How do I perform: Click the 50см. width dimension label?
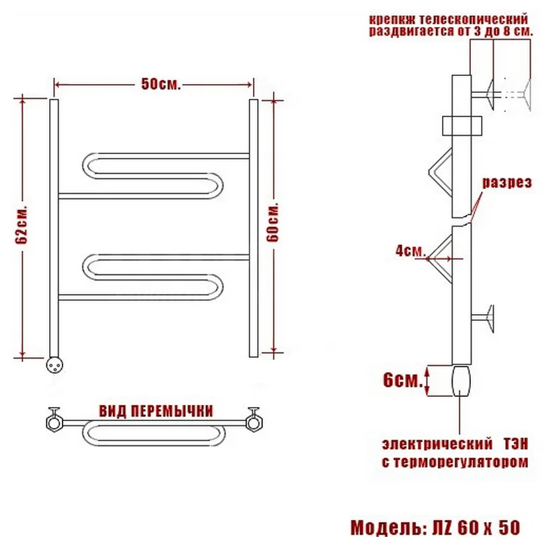[161, 85]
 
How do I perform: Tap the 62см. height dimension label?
[22, 224]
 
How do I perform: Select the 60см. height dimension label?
[273, 223]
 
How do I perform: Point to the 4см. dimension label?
[410, 251]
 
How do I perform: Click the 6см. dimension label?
[403, 381]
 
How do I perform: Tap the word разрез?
[507, 182]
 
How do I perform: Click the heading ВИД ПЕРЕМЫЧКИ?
[156, 411]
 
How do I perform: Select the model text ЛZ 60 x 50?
[476, 527]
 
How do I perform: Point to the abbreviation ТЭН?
[516, 445]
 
